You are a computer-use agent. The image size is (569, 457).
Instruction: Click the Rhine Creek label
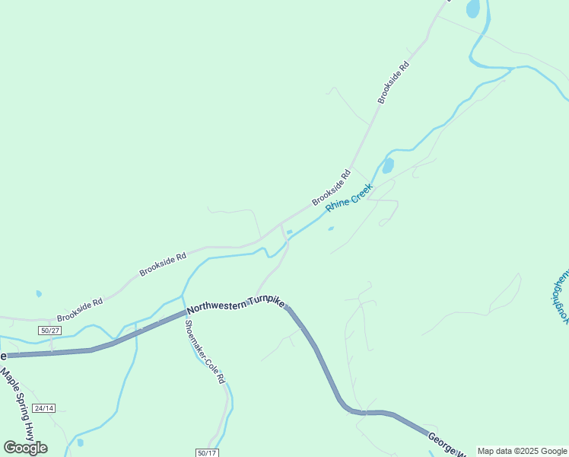pos(349,197)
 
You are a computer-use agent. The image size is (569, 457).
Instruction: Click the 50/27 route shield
pos(49,330)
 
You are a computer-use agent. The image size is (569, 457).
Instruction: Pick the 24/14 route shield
pos(44,407)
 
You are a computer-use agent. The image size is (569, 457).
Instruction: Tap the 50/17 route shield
pos(207,452)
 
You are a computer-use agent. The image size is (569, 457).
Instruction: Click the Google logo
pos(25,448)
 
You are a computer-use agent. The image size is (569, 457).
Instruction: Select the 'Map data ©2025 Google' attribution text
pos(523,451)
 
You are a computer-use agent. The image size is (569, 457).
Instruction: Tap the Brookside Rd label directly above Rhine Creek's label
pos(331,187)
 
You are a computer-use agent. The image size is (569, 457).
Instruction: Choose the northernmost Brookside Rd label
pos(394,83)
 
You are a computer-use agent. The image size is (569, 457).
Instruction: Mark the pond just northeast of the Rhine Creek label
pos(388,165)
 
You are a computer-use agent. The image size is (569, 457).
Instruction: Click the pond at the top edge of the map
pos(472,8)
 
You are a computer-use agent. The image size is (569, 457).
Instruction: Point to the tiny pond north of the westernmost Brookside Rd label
pos(38,292)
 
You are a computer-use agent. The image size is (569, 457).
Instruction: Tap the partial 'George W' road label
pos(447,445)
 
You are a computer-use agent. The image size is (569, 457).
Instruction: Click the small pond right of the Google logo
pos(80,442)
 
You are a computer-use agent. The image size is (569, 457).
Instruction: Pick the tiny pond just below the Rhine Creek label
pos(330,228)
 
